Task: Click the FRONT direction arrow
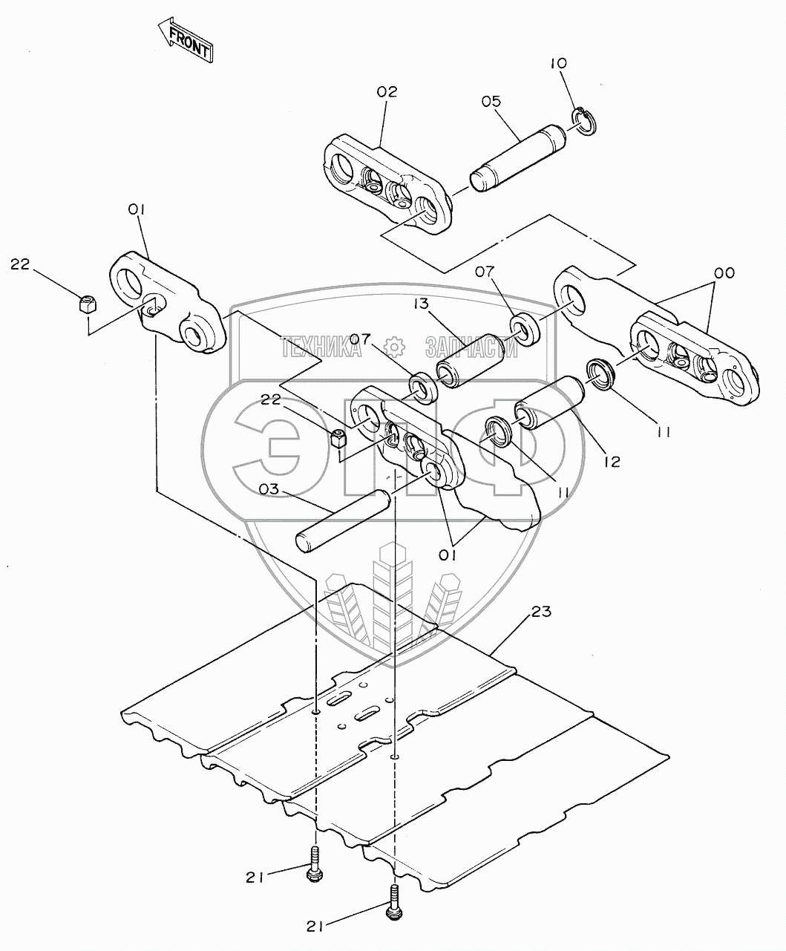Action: click(x=186, y=40)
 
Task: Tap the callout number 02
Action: click(x=387, y=92)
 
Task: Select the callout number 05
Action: click(x=491, y=100)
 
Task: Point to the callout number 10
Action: click(x=558, y=64)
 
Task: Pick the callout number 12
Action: click(x=612, y=461)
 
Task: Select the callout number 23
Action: click(x=543, y=612)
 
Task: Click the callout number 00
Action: click(x=724, y=273)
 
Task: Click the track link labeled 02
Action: click(x=387, y=185)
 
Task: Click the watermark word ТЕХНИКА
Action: click(x=321, y=347)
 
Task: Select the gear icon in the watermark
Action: click(x=393, y=346)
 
